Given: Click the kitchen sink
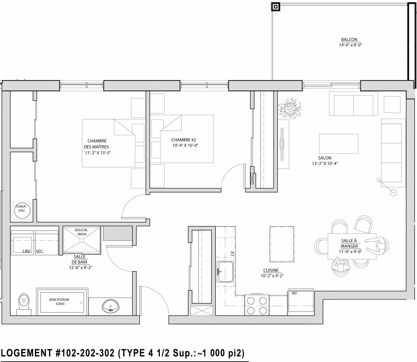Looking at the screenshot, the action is coord(225,272).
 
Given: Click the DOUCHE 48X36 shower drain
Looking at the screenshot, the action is coord(82,241).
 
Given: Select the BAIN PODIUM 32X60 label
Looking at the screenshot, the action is coord(59,302).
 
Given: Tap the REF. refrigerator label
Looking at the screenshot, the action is coord(295,293).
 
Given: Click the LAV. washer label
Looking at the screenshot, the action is coord(27,251).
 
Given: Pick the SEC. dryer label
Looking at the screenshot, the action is coord(40,252).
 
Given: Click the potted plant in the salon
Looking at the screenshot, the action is coord(290,108).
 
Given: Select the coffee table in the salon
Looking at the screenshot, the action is coord(339,144).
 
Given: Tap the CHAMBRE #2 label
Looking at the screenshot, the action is coord(183,140).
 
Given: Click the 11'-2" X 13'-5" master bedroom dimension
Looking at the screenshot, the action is coord(98,153).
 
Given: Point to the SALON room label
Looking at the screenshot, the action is coord(325,158).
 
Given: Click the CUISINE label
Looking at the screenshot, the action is coord(271,271).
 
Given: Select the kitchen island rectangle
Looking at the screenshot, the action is coord(282,244).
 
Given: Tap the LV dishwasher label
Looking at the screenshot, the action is coord(232,253).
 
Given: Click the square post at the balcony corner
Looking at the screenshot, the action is coord(276,7).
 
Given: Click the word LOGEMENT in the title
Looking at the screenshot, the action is coord(27,353).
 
